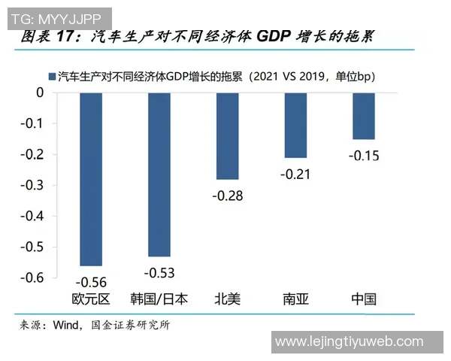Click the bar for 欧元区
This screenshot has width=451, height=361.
[90, 179]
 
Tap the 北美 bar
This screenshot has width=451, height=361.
[227, 135]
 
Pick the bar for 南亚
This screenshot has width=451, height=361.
[295, 125]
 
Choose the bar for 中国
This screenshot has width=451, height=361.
[364, 116]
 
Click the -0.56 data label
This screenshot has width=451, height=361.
[90, 282]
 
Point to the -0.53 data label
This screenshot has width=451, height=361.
[159, 272]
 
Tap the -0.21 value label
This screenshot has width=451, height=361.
[295, 174]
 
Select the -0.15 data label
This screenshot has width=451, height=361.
[364, 156]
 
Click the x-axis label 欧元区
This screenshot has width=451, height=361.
[90, 299]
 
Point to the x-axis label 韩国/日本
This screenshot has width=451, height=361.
[159, 299]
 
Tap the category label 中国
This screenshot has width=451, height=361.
[364, 299]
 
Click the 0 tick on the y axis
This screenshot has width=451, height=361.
[41, 93]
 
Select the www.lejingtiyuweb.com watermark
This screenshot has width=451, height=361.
[355, 342]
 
